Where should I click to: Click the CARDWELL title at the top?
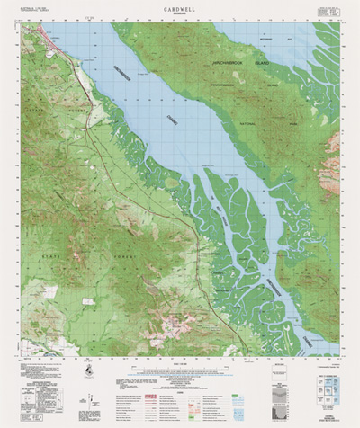coord(180,6)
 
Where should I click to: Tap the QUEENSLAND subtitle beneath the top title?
coord(180,13)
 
